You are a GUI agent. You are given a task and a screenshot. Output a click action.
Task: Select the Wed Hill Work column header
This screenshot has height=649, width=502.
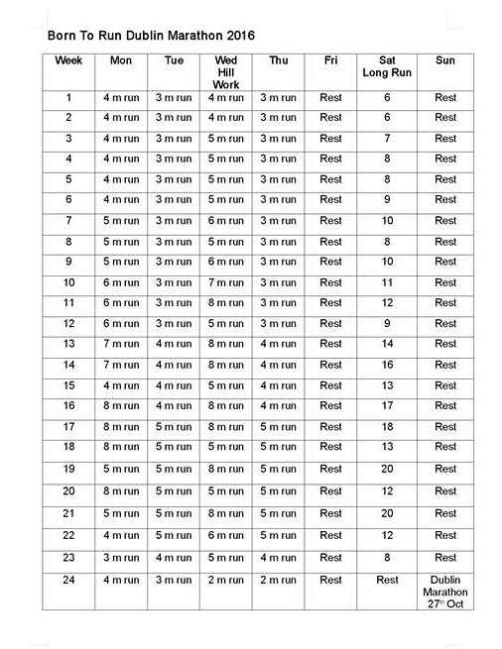[x=225, y=71]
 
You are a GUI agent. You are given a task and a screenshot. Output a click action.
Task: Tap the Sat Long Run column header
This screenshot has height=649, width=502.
[x=387, y=65]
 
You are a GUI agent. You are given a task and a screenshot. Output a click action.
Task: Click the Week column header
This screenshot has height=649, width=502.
[x=69, y=60]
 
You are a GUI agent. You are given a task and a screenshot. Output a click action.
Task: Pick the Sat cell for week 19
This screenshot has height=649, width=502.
[x=387, y=468]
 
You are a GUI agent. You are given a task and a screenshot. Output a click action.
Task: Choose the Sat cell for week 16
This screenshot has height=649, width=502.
[x=387, y=404]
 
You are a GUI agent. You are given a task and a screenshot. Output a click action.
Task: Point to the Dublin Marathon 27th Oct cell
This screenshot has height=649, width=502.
[x=445, y=592]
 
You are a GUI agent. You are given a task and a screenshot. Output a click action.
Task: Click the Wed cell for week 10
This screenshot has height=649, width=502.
[x=225, y=282]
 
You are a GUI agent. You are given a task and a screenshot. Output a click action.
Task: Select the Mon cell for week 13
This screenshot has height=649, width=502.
[x=121, y=344]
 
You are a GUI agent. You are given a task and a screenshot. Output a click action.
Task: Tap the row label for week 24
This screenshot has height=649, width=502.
[x=69, y=580]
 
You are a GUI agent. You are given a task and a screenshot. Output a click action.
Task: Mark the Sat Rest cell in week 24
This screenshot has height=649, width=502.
[x=387, y=580]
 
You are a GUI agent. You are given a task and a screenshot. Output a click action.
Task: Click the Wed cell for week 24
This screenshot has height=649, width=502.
[x=225, y=580]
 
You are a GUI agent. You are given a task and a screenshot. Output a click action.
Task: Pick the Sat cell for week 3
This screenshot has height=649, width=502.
[x=387, y=138]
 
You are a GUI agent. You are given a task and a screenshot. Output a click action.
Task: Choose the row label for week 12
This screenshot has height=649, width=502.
[x=69, y=323]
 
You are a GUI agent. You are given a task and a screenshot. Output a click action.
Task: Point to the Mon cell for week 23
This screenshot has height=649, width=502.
[x=121, y=557]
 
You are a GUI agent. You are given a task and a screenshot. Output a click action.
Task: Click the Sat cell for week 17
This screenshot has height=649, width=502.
[x=387, y=427]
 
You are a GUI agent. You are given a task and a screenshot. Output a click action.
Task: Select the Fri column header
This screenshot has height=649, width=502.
[x=330, y=60]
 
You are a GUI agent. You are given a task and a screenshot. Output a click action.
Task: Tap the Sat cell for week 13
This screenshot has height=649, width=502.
[x=387, y=344]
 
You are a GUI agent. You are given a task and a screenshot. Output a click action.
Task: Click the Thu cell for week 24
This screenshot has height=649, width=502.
[x=278, y=580]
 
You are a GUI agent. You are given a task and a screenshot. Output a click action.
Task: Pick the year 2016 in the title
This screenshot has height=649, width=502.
[x=240, y=34]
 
